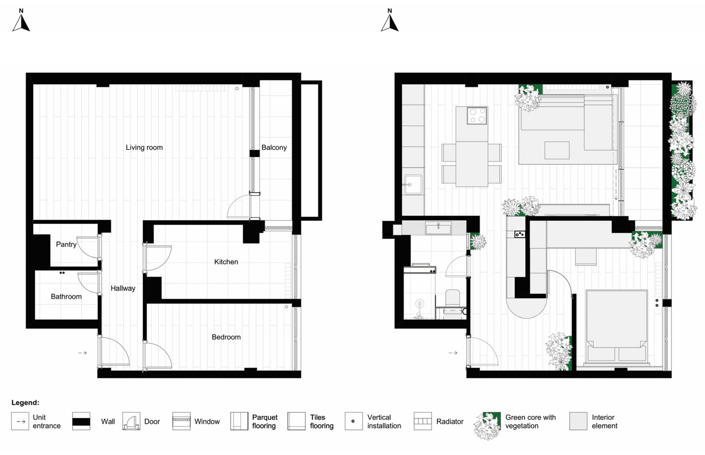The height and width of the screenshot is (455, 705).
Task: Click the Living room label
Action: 144,147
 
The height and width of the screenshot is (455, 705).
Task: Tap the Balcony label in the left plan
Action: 274,147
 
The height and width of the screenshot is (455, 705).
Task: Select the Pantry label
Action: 66,244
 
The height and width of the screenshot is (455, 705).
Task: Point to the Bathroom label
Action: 66,297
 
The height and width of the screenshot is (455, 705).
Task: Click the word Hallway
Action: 123,288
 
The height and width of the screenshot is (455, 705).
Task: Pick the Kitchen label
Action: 226,262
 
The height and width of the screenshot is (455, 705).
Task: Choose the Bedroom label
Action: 226,337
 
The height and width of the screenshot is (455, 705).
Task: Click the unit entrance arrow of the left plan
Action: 82,353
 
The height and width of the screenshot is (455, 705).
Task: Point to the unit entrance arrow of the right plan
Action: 453,353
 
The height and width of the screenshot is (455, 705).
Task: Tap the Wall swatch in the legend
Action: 81,421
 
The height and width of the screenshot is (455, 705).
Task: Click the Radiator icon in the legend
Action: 423,421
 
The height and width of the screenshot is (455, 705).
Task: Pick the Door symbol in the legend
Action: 131,421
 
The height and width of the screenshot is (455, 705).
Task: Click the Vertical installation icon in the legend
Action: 353,421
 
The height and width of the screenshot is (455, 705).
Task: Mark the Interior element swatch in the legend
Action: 578,421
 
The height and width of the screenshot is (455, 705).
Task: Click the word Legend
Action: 25,403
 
